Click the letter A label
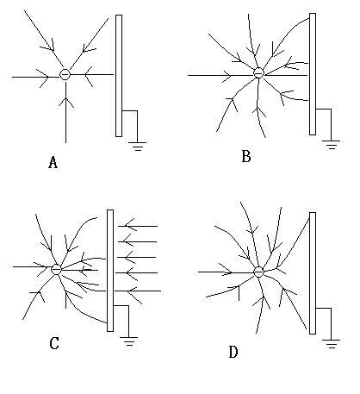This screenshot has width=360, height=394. pyautogui.click(x=53, y=162)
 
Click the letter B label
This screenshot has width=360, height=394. pyautogui.click(x=246, y=157)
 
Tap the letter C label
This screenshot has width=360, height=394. pyautogui.click(x=54, y=343)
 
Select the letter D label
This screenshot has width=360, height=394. pyautogui.click(x=233, y=352)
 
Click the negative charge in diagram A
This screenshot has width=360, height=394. pyautogui.click(x=65, y=74)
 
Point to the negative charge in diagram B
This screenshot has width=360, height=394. pyautogui.click(x=258, y=73)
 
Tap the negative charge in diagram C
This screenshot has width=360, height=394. pyautogui.click(x=56, y=269)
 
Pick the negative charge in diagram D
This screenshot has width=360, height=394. pyautogui.click(x=258, y=272)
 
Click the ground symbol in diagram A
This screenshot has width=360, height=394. pyautogui.click(x=137, y=147)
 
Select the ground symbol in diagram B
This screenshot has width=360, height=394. pyautogui.click(x=331, y=145)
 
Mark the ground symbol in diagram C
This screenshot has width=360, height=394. pyautogui.click(x=128, y=341)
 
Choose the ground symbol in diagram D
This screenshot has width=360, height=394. pyautogui.click(x=331, y=344)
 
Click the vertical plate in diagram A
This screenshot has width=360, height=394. pyautogui.click(x=119, y=76)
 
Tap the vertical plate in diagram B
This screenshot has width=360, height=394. pyautogui.click(x=313, y=74)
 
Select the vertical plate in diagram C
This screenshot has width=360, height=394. pyautogui.click(x=110, y=271)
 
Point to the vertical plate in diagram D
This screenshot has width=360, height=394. pyautogui.click(x=313, y=273)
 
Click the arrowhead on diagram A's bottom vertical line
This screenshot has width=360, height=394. pyautogui.click(x=66, y=103)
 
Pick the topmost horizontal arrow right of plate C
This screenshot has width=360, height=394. pyautogui.click(x=138, y=226)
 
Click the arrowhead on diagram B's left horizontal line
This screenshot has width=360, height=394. pyautogui.click(x=227, y=76)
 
